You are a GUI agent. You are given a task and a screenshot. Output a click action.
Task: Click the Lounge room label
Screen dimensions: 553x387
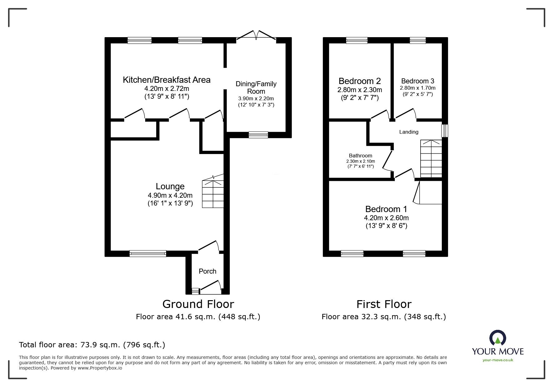pos(170,186)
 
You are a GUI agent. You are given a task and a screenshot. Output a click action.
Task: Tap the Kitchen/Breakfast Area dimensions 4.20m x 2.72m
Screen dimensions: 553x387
pos(166,89)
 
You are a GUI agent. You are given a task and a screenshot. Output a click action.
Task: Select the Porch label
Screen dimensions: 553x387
pos(207,271)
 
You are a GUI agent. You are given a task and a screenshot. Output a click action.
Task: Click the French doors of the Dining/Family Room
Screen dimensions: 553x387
pos(256,35)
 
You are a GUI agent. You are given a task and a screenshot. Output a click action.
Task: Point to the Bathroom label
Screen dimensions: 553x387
pos(360,156)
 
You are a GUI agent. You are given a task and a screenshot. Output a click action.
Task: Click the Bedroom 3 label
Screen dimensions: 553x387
pos(417,81)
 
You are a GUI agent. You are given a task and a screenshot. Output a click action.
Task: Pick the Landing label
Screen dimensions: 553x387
pos(408,132)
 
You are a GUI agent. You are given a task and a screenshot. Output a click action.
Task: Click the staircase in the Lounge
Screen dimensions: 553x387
pos(213,194)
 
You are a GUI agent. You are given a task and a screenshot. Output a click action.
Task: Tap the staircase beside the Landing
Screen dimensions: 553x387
pos(431,159)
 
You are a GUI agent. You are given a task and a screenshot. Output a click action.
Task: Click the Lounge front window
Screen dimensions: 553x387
pos(148,254)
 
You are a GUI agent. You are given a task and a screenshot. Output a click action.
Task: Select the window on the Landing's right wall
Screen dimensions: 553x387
pos(444,131)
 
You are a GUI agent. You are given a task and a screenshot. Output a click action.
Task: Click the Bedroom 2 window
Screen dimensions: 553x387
pos(357,40)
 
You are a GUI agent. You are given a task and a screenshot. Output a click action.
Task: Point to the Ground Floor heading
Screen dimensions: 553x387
pos(198,304)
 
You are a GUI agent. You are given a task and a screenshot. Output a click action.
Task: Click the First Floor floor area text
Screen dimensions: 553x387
pos(383,317)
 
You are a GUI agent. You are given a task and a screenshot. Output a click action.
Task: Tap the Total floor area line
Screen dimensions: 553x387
pos(92,345)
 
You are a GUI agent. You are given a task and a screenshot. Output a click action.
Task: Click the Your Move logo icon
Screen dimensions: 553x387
pos(497,338)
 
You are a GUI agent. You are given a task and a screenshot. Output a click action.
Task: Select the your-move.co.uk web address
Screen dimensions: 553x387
pos(497,360)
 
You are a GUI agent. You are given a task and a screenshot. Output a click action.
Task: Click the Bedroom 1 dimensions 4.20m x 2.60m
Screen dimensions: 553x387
pos(386,218)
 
